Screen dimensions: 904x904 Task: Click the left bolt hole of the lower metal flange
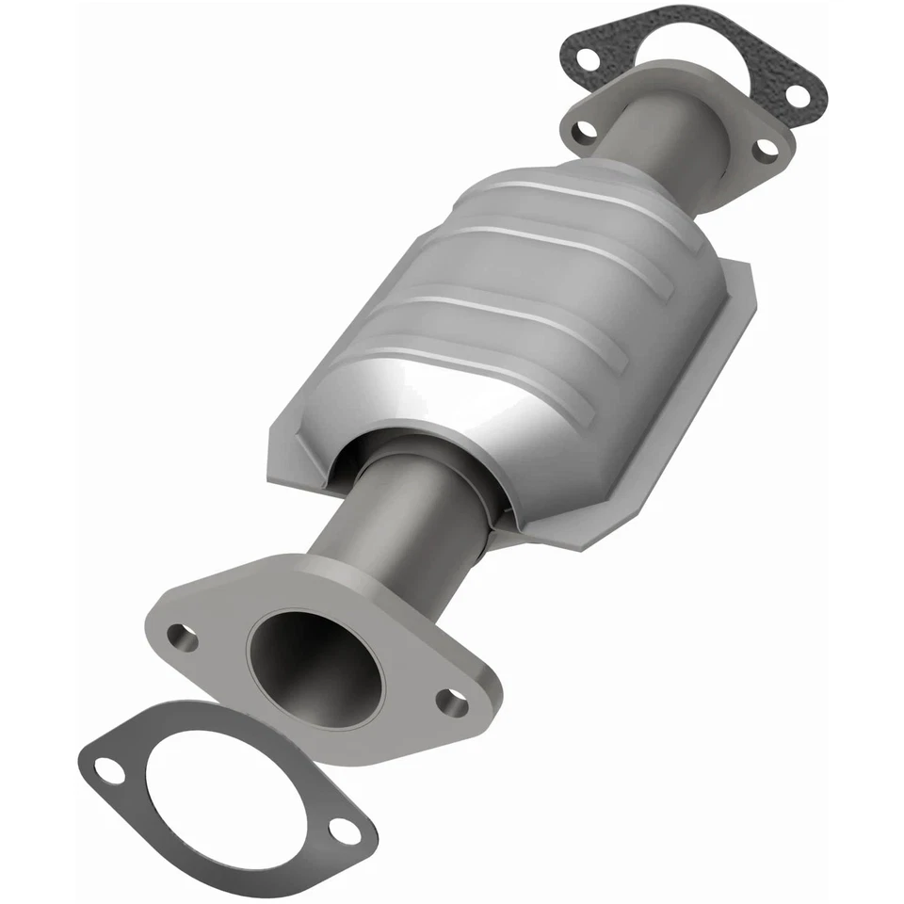tap(183, 638)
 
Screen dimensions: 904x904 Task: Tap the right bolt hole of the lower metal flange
tap(453, 702)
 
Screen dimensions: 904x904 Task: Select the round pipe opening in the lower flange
tap(315, 665)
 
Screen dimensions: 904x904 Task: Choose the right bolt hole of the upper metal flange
tap(767, 148)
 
